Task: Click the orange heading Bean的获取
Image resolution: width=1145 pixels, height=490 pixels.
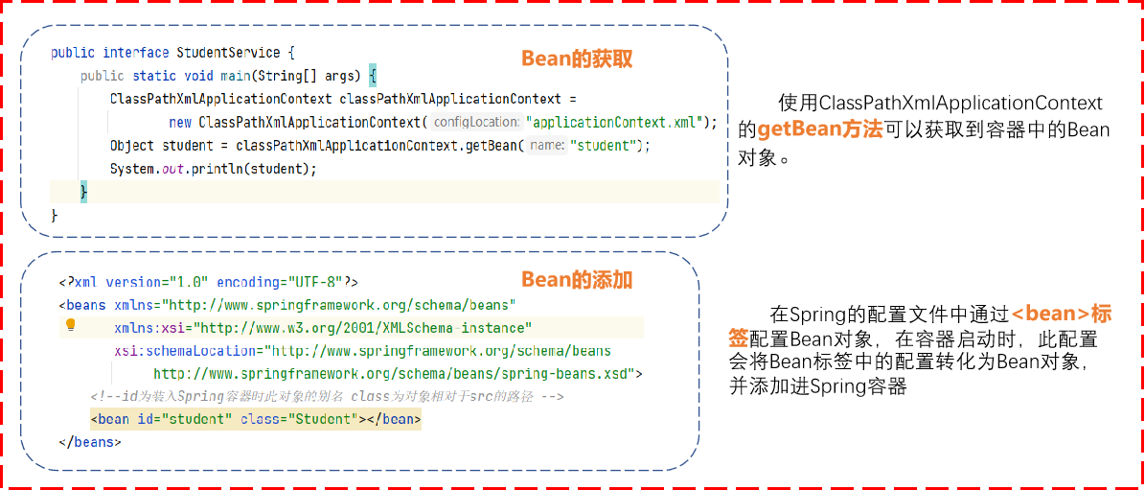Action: coord(577,59)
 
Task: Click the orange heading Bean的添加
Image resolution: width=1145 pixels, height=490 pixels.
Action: coord(577,280)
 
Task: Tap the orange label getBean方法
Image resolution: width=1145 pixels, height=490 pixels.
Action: coord(819,130)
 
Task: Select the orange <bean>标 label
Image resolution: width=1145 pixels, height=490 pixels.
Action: coord(1062,314)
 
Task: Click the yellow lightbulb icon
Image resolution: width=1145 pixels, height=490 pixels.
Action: coord(70,325)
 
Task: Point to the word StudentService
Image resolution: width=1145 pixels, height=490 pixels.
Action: coord(228,53)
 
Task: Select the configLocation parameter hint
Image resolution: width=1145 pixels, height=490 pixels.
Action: coord(475,122)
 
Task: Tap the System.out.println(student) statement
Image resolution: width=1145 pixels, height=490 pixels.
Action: coord(213,169)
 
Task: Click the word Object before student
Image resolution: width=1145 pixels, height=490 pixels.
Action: coord(132,146)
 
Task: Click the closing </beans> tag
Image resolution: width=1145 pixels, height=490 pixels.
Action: coord(90,442)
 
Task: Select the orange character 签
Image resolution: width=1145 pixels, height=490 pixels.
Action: coord(738,338)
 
